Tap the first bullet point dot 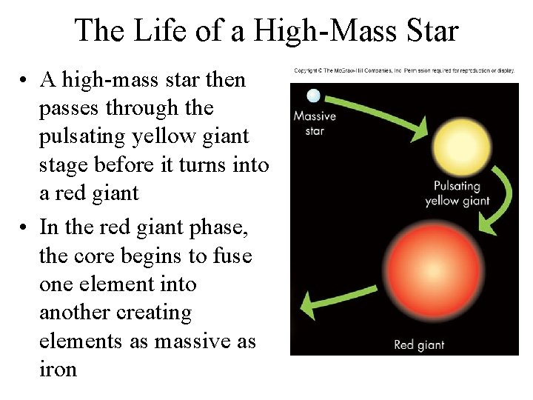click(x=24, y=81)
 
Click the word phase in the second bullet click(x=223, y=227)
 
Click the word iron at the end click(x=58, y=370)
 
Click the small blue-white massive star click(x=314, y=95)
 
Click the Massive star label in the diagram click(x=315, y=123)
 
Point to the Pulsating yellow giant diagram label click(x=457, y=193)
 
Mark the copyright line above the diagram click(x=403, y=70)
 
